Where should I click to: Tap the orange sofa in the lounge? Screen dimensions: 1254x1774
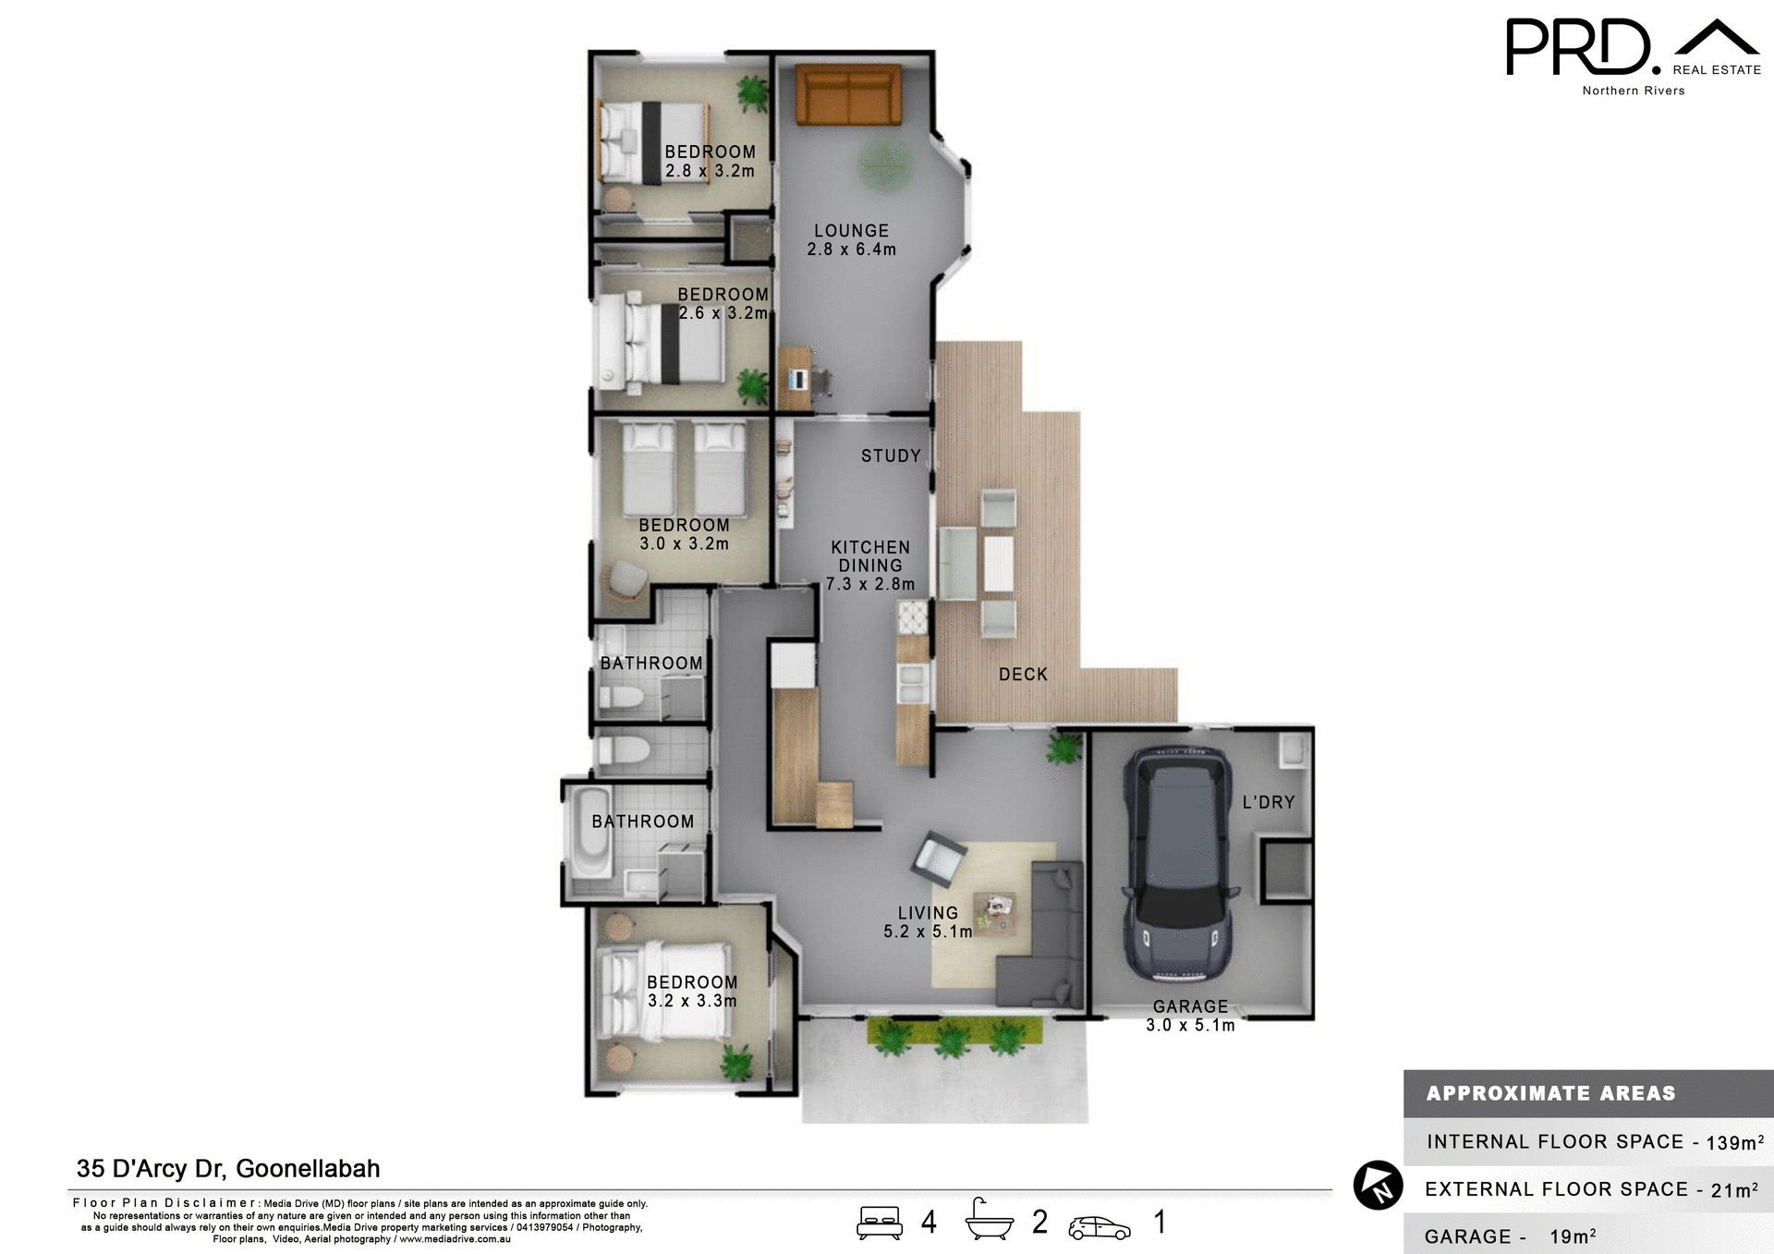pos(848,94)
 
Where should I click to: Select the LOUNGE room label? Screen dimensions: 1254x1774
pos(851,231)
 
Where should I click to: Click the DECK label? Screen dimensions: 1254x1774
pos(1023,675)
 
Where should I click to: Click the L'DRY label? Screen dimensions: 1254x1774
pos(1268,802)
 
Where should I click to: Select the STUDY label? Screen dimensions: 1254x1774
pos(891,456)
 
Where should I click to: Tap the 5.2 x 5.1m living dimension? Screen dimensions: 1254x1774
pos(928,931)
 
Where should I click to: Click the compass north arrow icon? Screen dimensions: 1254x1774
pos(1378,1185)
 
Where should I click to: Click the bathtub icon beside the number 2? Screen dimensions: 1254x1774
pos(989,1222)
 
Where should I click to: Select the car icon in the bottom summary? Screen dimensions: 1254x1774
pos(1099,1227)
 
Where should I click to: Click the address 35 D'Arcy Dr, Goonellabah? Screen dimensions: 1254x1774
pos(228,1169)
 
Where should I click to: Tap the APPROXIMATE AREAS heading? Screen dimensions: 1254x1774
pos(1550,1093)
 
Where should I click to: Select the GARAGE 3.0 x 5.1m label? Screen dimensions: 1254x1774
pos(1190,1016)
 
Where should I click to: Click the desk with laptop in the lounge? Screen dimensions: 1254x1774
pos(796,377)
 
